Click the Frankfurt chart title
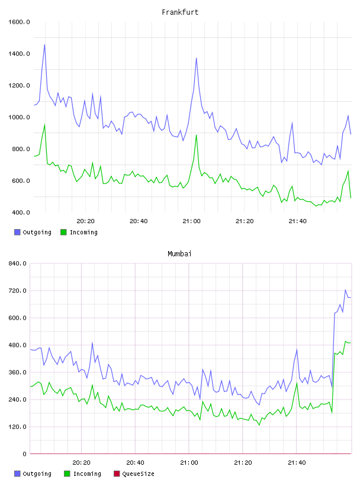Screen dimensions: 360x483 coord(180,12)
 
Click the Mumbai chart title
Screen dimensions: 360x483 coord(179,254)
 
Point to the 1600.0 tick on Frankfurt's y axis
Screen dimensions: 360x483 coord(19,22)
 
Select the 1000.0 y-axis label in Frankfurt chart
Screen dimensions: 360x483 coord(19,117)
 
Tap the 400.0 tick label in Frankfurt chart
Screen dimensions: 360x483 coord(21,212)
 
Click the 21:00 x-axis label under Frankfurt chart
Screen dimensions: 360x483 coord(191,221)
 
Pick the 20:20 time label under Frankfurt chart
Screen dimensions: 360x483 coord(85,221)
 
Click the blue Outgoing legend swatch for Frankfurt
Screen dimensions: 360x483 coord(17,232)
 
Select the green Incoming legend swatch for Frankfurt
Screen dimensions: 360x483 coord(63,232)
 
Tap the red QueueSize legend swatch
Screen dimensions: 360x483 coord(117,474)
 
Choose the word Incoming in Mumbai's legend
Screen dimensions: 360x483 coord(87,474)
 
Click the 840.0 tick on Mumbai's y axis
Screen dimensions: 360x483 coord(17,263)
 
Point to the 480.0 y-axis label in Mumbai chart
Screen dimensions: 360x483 coord(17,345)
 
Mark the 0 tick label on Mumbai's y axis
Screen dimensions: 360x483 coord(24,454)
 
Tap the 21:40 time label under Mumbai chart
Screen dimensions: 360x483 coord(297,463)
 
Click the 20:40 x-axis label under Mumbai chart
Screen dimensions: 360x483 coord(135,463)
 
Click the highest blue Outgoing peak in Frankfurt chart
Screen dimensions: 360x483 coord(44,44)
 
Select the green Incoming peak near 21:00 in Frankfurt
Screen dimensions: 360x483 coord(197,135)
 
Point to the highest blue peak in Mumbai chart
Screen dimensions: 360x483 coord(346,290)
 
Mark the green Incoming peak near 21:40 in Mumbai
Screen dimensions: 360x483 coord(297,383)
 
